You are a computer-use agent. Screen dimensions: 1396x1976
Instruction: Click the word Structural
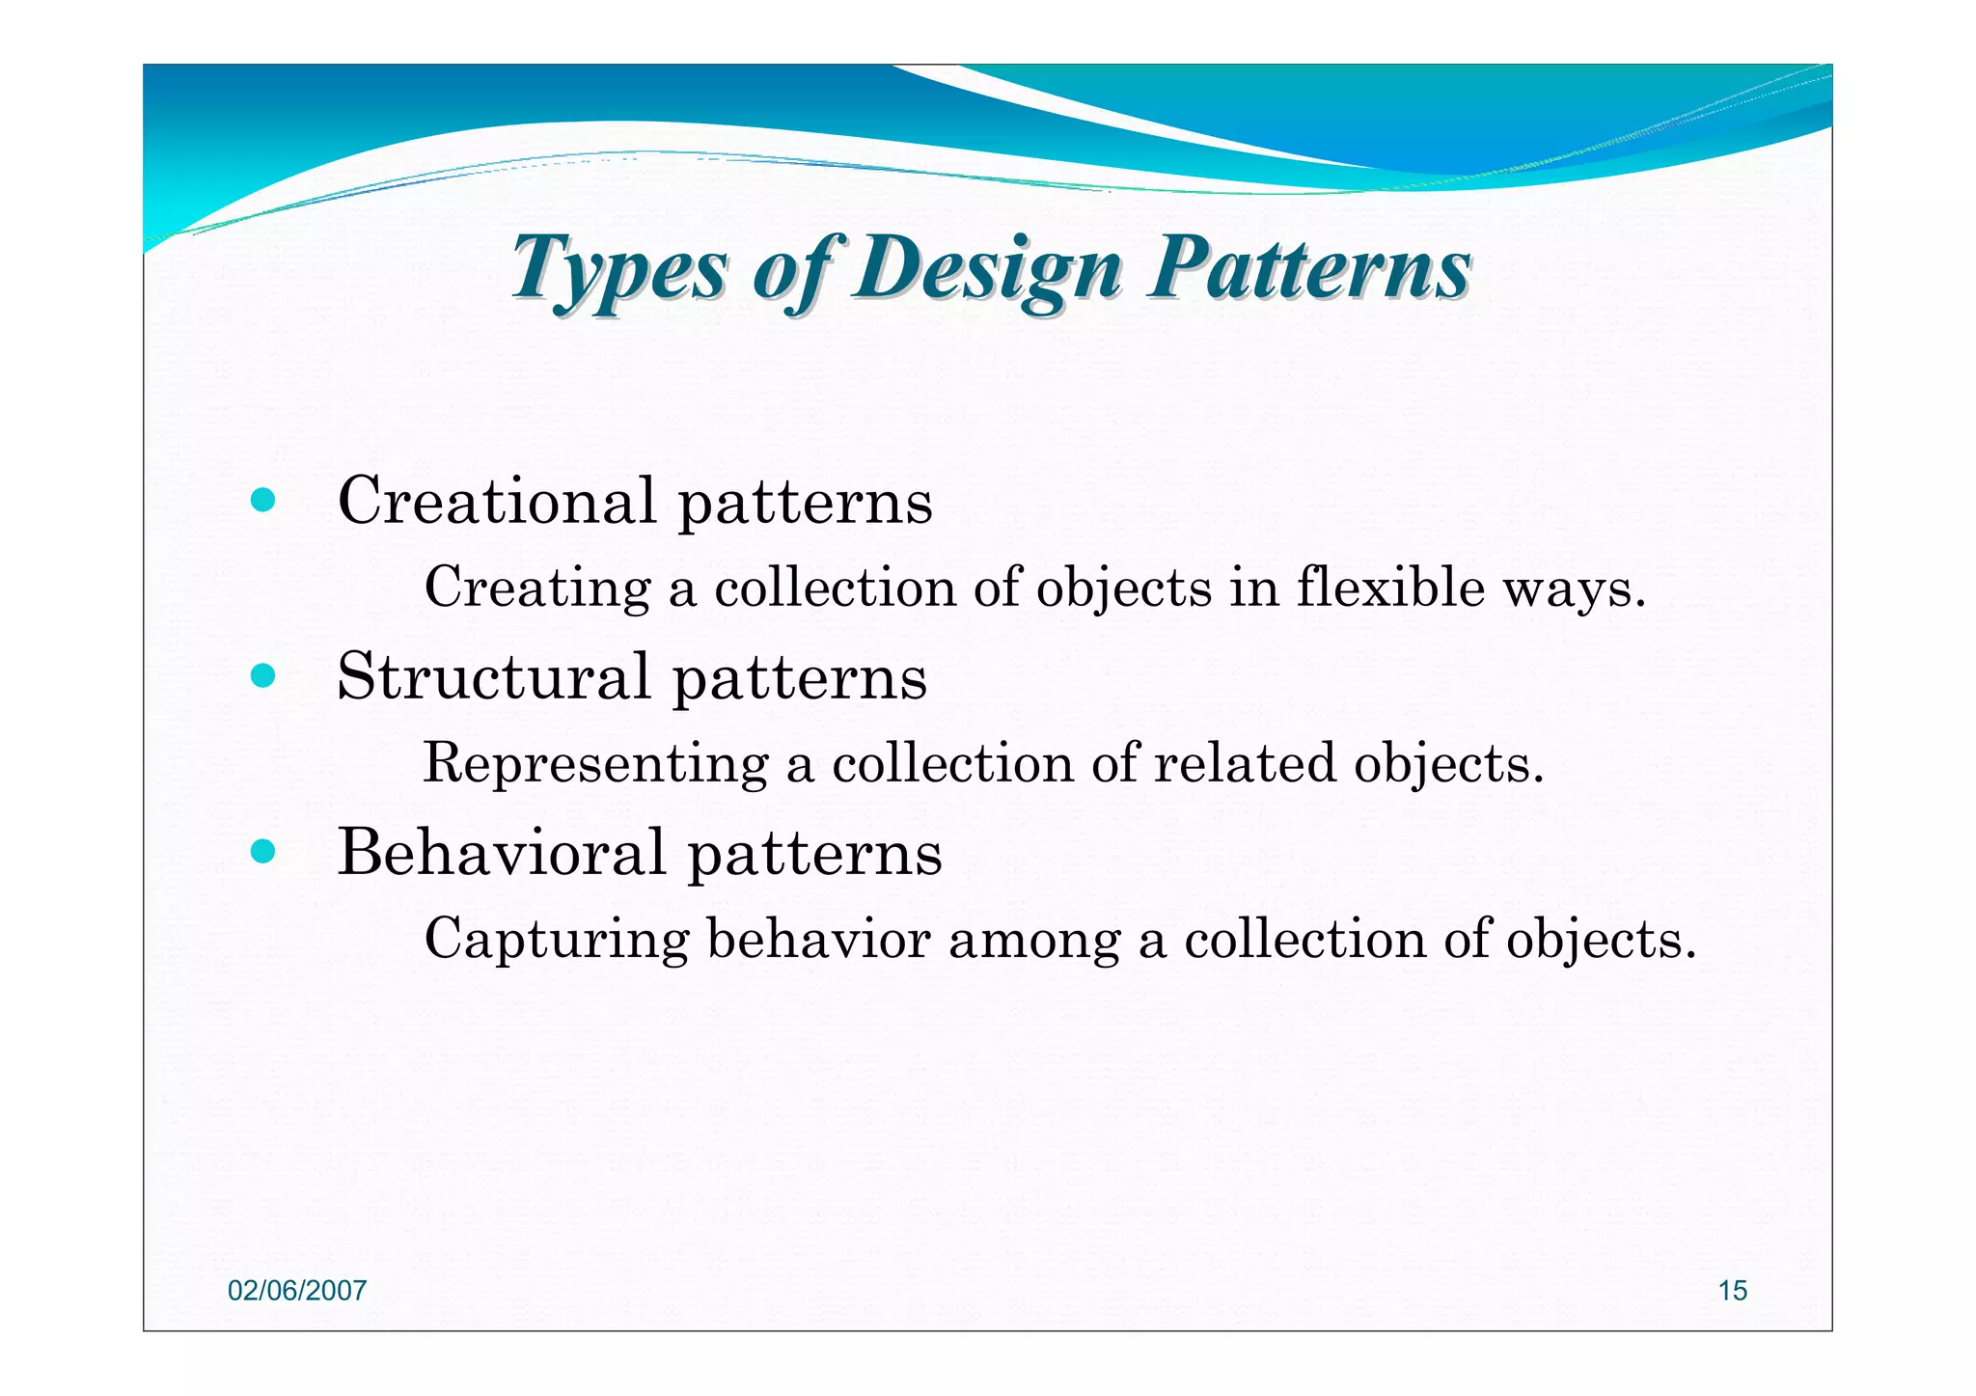[x=493, y=676]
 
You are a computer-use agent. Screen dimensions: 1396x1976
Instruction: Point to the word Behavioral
[x=502, y=853]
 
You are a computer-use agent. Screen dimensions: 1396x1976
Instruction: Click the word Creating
[x=537, y=588]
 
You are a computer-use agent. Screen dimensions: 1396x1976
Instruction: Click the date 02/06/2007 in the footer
[x=297, y=1291]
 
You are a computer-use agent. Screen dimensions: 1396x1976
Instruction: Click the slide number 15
[x=1732, y=1291]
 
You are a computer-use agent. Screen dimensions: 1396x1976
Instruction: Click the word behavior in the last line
[x=818, y=939]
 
